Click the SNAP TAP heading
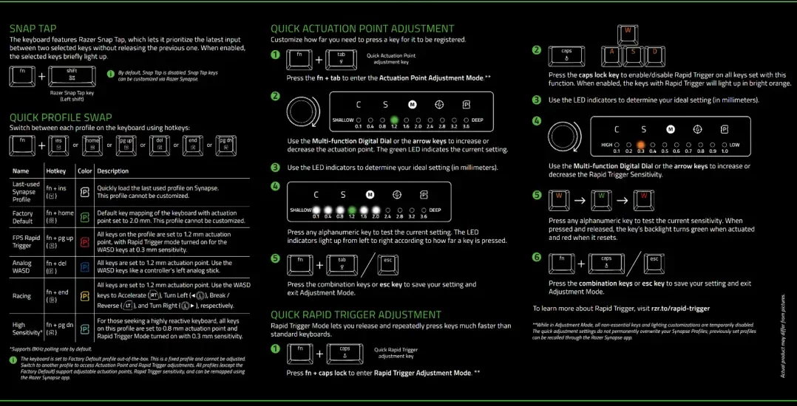pyautogui.click(x=33, y=28)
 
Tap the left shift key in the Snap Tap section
pyautogui.click(x=72, y=75)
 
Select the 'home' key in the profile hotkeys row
pyautogui.click(x=92, y=144)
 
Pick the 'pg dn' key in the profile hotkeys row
pyautogui.click(x=225, y=144)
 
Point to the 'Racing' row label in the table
pyautogui.click(x=22, y=296)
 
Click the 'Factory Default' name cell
pyautogui.click(x=23, y=217)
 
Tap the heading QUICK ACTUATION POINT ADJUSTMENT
pyautogui.click(x=362, y=29)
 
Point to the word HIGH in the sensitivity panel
pyautogui.click(x=607, y=145)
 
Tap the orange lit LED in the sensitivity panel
pyautogui.click(x=642, y=145)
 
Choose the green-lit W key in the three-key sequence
pyautogui.click(x=602, y=199)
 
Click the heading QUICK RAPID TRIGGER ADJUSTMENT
pyautogui.click(x=356, y=314)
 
